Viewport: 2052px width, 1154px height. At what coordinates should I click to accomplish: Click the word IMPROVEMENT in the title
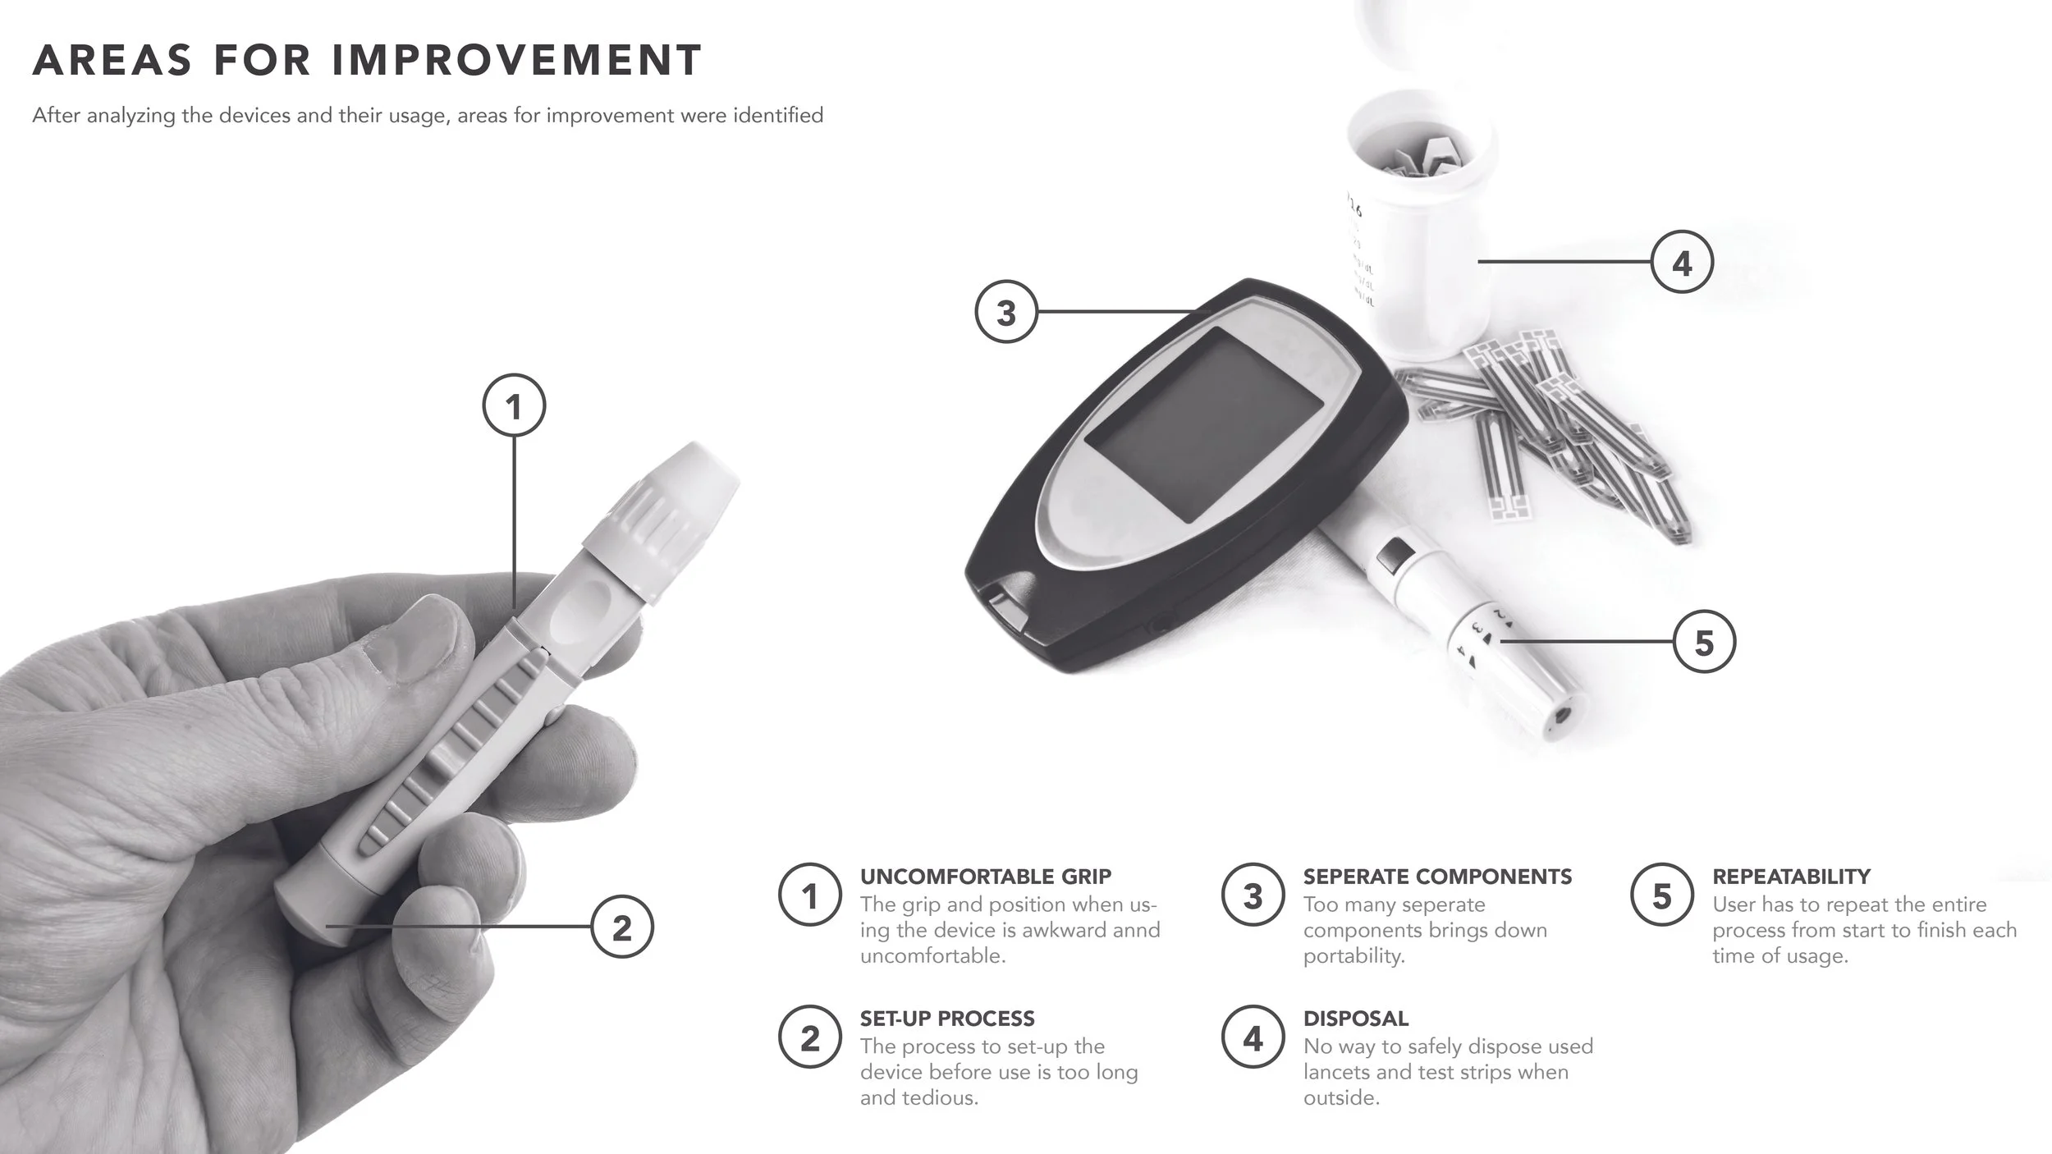coord(517,60)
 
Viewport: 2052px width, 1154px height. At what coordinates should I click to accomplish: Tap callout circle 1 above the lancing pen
coord(514,405)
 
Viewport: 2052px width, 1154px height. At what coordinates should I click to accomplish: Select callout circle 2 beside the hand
coord(622,927)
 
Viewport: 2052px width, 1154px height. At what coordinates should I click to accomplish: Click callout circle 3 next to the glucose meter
coord(1006,313)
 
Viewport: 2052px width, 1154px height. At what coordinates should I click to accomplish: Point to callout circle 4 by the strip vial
coord(1682,263)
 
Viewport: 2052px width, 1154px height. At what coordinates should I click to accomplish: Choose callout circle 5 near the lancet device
coord(1704,642)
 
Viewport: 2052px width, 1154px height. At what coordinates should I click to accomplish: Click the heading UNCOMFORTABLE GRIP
coord(985,877)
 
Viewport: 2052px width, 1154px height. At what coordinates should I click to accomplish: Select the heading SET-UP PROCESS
coord(947,1019)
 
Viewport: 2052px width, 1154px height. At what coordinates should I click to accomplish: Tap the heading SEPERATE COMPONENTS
coord(1437,877)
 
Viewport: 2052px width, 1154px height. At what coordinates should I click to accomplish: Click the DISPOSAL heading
coord(1356,1019)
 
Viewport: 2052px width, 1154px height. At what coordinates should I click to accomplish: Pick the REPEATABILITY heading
coord(1791,877)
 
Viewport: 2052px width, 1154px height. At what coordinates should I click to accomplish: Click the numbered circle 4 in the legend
coord(1253,1039)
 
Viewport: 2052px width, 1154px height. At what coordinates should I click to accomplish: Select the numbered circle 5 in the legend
coord(1661,896)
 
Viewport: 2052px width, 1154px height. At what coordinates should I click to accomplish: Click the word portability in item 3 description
coord(1353,956)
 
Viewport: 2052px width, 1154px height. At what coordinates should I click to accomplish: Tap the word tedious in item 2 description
coord(945,1097)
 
